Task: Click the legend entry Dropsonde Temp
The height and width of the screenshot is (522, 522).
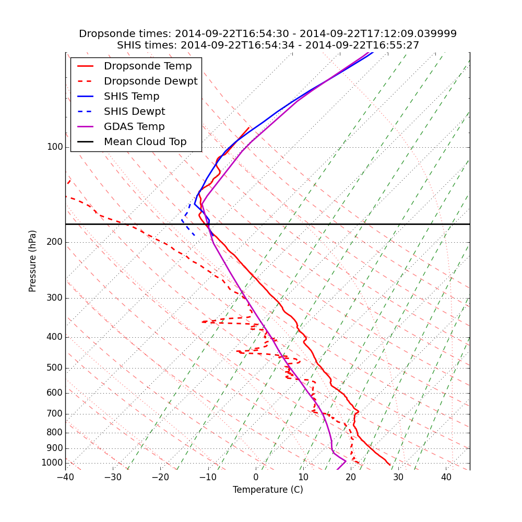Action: click(x=148, y=66)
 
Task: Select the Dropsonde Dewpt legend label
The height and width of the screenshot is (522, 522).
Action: click(x=150, y=81)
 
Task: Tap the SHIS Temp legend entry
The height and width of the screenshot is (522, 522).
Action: click(x=132, y=97)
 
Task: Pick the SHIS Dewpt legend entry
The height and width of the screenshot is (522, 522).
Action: click(x=134, y=112)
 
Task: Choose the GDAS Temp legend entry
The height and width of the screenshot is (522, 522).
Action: click(x=134, y=127)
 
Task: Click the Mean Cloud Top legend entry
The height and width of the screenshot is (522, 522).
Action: click(x=145, y=142)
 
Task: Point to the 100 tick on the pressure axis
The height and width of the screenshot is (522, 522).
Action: click(x=55, y=147)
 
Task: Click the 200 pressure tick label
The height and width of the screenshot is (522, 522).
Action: click(x=55, y=242)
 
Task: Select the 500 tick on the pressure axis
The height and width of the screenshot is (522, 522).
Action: click(x=55, y=368)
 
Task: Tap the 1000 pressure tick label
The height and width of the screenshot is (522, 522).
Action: click(x=52, y=463)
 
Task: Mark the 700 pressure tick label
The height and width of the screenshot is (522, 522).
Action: click(x=55, y=414)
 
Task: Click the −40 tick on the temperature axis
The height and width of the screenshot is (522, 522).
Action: click(x=65, y=477)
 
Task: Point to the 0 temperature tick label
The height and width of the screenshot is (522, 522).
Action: click(x=256, y=477)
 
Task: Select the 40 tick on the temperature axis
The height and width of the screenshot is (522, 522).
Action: click(x=446, y=477)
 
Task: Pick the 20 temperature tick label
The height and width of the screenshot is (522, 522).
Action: click(x=351, y=477)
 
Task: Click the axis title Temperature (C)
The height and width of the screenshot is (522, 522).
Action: click(x=268, y=490)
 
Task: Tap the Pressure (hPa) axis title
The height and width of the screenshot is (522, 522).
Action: click(x=33, y=261)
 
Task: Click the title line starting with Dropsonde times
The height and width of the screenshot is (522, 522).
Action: click(x=268, y=34)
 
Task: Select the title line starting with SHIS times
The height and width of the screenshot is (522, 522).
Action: click(x=268, y=45)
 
